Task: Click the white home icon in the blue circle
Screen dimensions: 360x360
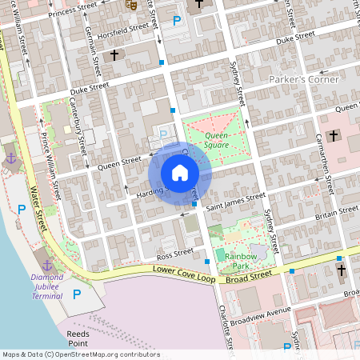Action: (x=180, y=173)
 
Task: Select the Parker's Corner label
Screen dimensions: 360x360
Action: (x=303, y=80)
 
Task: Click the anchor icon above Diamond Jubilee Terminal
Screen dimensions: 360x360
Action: (x=46, y=264)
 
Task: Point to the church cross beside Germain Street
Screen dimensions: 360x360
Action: (x=115, y=56)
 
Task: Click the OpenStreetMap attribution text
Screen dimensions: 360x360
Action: (x=81, y=354)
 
